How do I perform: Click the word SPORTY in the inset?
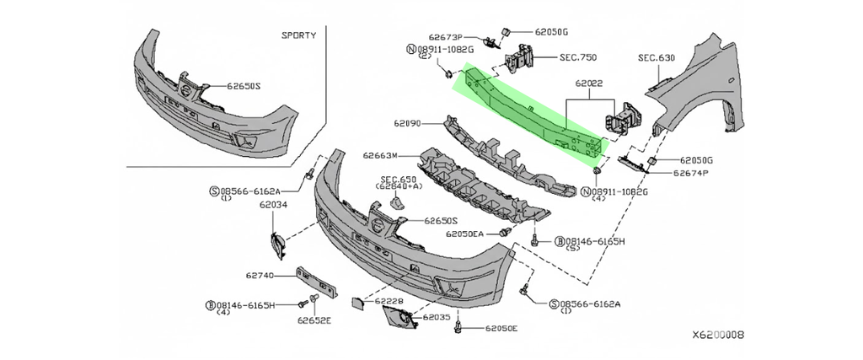pyautogui.click(x=299, y=35)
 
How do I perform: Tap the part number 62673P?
pyautogui.click(x=446, y=37)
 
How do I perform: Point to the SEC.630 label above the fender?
pyautogui.click(x=657, y=57)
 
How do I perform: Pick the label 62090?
pyautogui.click(x=407, y=123)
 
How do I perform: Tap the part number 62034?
pyautogui.click(x=273, y=204)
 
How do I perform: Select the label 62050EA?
pyautogui.click(x=465, y=234)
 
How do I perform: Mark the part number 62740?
pyautogui.click(x=260, y=275)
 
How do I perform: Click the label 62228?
pyautogui.click(x=389, y=300)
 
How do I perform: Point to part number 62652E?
pyautogui.click(x=314, y=320)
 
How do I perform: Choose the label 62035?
pyautogui.click(x=437, y=317)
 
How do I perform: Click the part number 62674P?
pyautogui.click(x=690, y=173)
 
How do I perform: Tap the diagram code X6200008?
pyautogui.click(x=718, y=335)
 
